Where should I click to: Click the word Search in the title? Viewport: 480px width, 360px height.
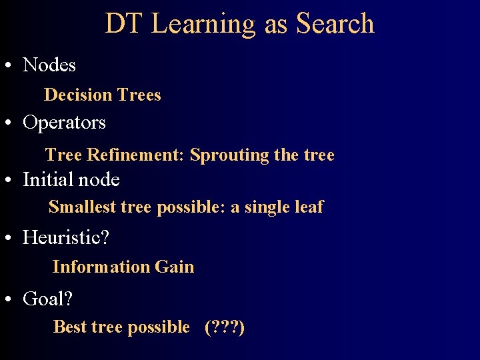pyautogui.click(x=335, y=24)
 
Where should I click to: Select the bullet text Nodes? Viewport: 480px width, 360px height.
pyautogui.click(x=49, y=65)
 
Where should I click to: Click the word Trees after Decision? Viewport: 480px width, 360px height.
pyautogui.click(x=139, y=95)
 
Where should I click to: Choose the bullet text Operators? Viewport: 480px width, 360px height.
pyautogui.click(x=64, y=123)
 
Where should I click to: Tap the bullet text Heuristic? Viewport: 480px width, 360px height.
pyautogui.click(x=66, y=237)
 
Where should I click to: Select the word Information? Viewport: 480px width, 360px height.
pyautogui.click(x=101, y=267)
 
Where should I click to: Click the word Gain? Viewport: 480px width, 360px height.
pyautogui.click(x=175, y=267)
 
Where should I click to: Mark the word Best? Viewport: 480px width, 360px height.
pyautogui.click(x=70, y=327)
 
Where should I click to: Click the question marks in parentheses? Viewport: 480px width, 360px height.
pyautogui.click(x=225, y=327)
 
